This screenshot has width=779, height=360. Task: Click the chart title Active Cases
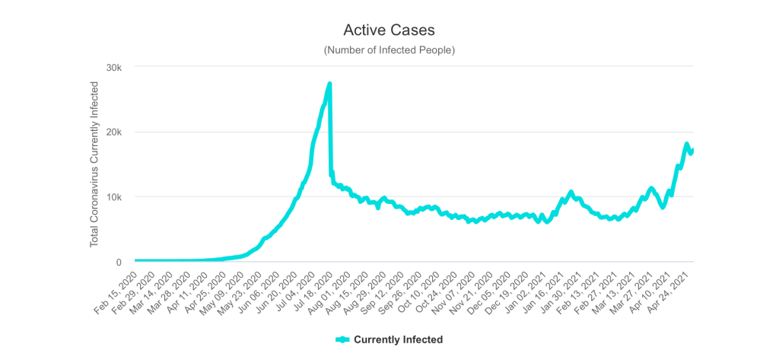[x=389, y=30]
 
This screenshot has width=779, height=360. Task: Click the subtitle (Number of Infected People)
[x=389, y=50]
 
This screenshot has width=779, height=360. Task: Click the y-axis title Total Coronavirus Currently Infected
[x=95, y=164]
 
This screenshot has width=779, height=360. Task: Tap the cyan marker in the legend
[x=342, y=339]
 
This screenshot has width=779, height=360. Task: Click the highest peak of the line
[x=329, y=84]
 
